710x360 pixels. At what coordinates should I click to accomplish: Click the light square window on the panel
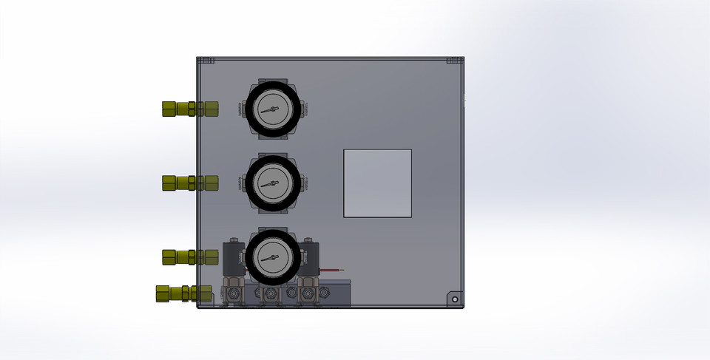[x=377, y=183]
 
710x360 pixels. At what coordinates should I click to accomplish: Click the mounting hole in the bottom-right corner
[x=455, y=299]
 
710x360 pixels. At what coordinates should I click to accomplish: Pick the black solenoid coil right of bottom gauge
[x=310, y=255]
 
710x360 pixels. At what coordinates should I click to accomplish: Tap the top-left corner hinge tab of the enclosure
[x=206, y=61]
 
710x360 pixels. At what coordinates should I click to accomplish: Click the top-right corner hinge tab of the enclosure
[x=453, y=61]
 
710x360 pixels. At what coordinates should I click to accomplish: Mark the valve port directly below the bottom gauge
[x=270, y=295]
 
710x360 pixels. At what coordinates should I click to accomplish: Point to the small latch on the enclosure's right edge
[x=464, y=101]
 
